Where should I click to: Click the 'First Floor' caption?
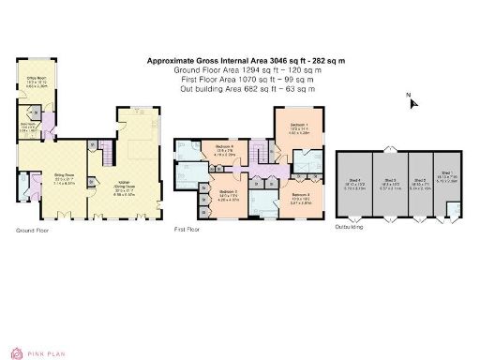(187, 229)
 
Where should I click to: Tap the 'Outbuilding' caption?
(350, 227)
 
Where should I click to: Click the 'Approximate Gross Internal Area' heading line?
(246, 61)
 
